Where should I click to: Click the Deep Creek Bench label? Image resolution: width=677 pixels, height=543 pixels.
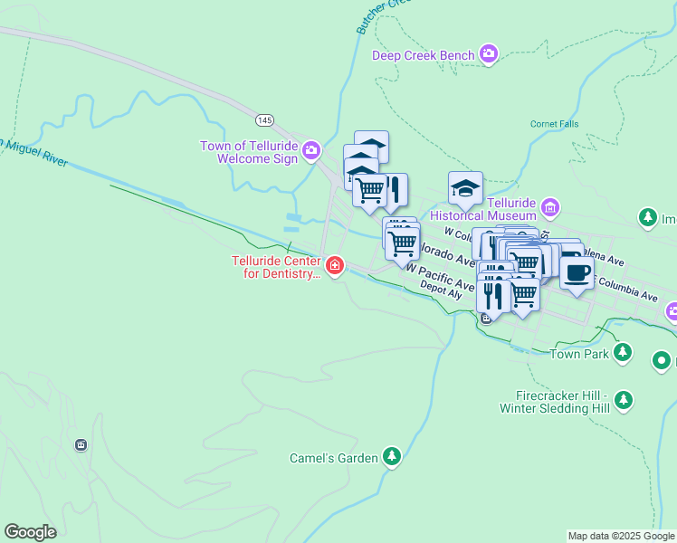coord(423,56)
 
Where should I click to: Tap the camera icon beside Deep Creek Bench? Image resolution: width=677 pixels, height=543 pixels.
coord(489,55)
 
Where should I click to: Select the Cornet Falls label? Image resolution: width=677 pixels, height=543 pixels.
coord(553,124)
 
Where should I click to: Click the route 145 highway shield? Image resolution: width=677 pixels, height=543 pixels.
coord(263,119)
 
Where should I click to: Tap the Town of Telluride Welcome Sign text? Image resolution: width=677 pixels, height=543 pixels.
coord(248,152)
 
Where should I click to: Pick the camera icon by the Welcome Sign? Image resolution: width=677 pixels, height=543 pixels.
coord(311,149)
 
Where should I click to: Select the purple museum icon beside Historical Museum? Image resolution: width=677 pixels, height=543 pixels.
coord(549,209)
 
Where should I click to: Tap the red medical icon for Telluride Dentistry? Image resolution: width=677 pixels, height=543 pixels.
coord(335,265)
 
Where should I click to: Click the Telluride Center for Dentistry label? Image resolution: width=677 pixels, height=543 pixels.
coord(276,267)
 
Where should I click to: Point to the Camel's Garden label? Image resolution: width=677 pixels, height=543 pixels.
coord(333,458)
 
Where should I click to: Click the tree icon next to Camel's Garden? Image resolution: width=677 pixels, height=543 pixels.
coord(391,456)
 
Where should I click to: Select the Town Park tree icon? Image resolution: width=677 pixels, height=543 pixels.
coord(622,352)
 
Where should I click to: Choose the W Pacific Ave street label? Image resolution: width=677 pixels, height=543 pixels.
coord(441,276)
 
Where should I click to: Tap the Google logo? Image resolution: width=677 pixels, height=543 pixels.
coord(30,532)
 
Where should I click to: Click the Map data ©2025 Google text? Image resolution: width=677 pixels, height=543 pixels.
coord(620,536)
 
